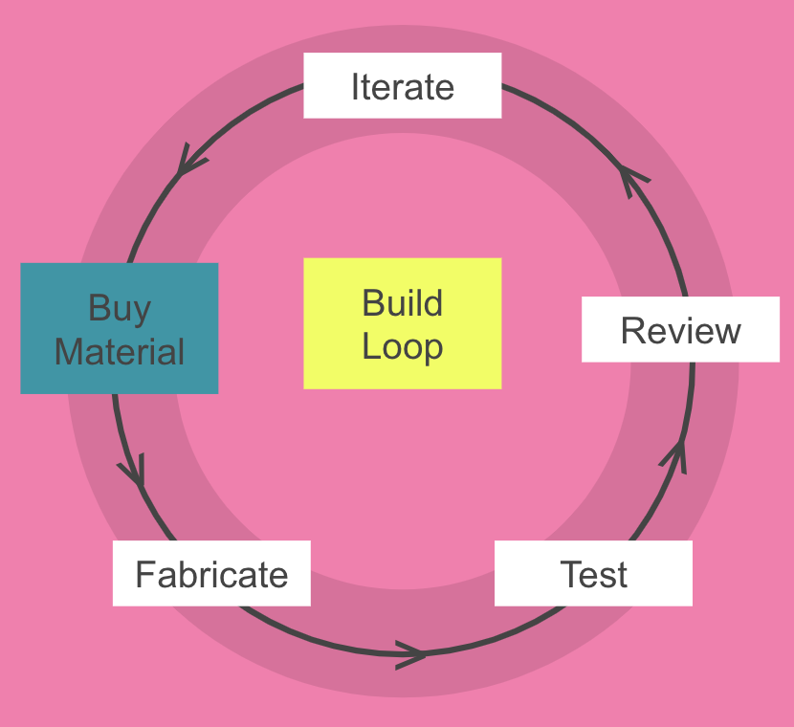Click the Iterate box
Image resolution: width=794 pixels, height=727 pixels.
pyautogui.click(x=402, y=86)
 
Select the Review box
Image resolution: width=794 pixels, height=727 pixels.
pyautogui.click(x=680, y=330)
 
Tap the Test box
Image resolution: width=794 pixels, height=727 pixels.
pyautogui.click(x=593, y=574)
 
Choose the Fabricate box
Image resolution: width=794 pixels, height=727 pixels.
pyautogui.click(x=211, y=574)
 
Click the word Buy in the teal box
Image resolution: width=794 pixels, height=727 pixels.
pyautogui.click(x=120, y=309)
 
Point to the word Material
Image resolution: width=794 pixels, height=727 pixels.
pyautogui.click(x=120, y=351)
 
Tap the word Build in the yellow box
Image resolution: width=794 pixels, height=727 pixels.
pyautogui.click(x=402, y=304)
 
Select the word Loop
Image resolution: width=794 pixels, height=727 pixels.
pyautogui.click(x=402, y=346)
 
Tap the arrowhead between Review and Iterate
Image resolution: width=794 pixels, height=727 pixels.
pyautogui.click(x=632, y=176)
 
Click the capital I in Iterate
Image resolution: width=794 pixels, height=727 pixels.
pyautogui.click(x=356, y=87)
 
